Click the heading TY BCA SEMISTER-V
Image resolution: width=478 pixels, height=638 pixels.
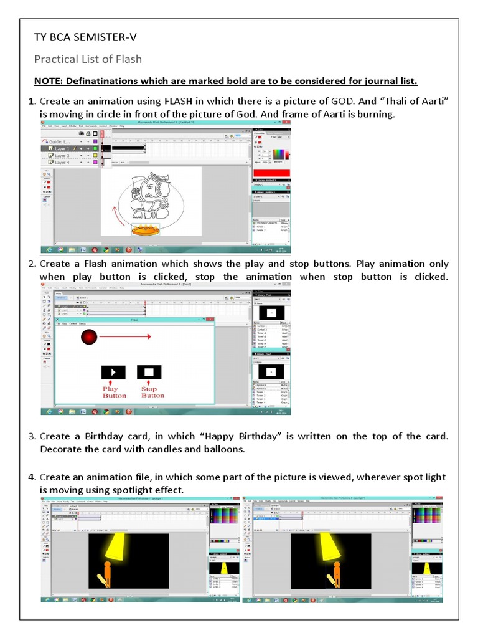[x=85, y=38]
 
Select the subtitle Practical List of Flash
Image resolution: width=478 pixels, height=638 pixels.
[x=88, y=59]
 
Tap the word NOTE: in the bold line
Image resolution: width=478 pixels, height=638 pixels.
[x=48, y=82]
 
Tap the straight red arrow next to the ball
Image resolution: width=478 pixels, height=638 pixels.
[x=125, y=337]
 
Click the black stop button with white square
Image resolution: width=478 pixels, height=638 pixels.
[x=149, y=372]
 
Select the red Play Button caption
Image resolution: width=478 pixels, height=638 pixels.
[x=114, y=392]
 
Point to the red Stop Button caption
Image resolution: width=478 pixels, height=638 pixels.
[x=152, y=392]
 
